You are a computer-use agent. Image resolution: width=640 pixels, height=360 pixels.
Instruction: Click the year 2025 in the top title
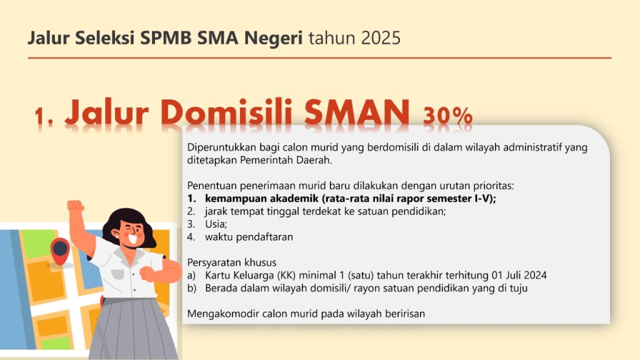tap(381, 38)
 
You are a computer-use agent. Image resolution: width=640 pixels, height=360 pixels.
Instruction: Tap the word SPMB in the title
tap(166, 38)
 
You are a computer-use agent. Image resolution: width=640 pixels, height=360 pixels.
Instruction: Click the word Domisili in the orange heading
tap(226, 112)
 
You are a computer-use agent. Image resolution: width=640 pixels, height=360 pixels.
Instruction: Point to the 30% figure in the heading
tap(447, 116)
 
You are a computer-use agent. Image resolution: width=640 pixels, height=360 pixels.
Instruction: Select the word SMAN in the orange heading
tap(357, 112)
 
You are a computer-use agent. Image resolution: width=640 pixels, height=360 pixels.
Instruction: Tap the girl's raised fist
tap(76, 206)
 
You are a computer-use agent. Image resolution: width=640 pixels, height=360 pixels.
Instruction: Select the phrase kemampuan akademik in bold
tap(262, 199)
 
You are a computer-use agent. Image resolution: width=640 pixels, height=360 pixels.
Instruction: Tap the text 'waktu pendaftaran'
tap(249, 237)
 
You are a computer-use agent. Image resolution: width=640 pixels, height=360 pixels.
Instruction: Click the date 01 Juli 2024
tap(519, 275)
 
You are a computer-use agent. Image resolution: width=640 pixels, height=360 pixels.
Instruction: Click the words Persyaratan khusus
tap(232, 262)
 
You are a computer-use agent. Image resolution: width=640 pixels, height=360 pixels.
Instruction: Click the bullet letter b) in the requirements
tap(192, 288)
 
